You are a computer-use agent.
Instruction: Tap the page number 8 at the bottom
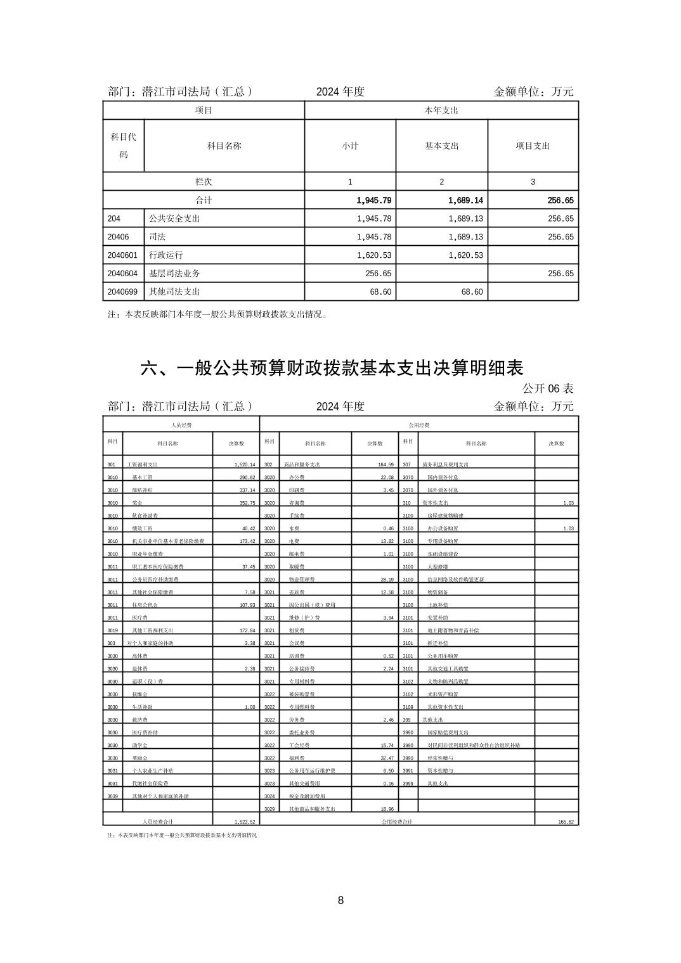click(340, 900)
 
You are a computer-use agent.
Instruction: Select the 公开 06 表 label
click(548, 388)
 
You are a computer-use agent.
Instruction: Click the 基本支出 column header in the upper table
click(441, 146)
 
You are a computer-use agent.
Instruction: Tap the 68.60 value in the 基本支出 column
click(470, 291)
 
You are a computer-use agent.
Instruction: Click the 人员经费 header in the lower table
click(181, 425)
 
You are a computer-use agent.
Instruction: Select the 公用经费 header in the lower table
click(419, 425)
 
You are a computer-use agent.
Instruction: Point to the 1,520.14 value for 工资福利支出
click(244, 464)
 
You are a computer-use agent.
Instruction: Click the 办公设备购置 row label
click(443, 528)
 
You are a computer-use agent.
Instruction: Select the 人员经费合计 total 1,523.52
click(244, 821)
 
